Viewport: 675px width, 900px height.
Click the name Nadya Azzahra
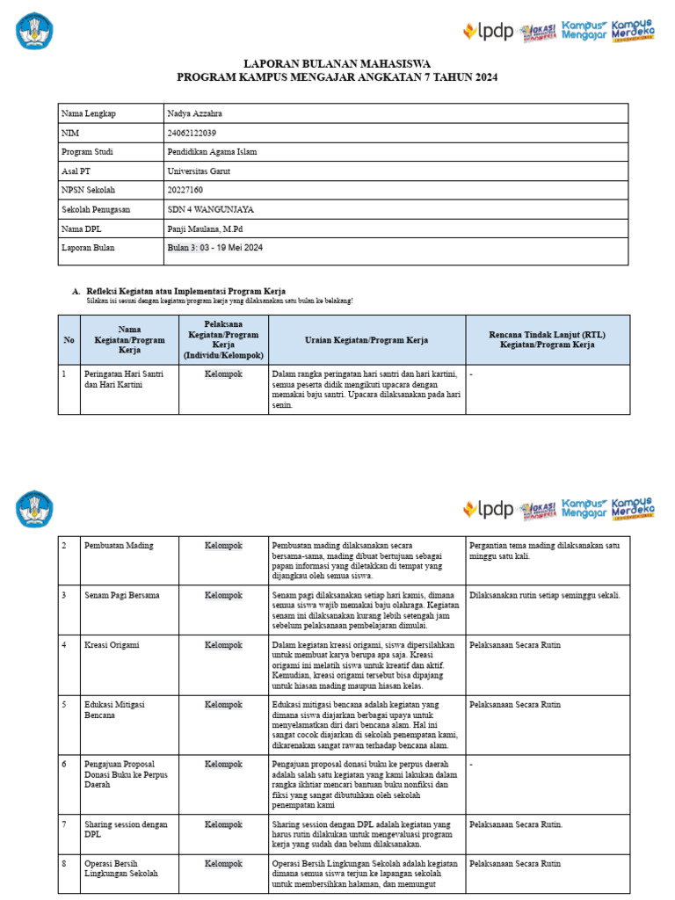coord(194,114)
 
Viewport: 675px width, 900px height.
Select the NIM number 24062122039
coord(192,133)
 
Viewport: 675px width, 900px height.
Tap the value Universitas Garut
coord(198,171)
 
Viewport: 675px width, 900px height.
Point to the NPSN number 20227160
coord(185,190)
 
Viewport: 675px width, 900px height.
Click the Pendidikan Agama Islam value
coord(212,152)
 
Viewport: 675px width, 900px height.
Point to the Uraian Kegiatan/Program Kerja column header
coord(367,340)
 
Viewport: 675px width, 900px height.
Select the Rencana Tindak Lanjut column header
coord(547,340)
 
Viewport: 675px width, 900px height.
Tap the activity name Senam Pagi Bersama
coord(122,595)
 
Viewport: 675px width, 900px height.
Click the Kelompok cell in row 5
coord(223,705)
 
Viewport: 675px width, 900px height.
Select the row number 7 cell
coord(65,824)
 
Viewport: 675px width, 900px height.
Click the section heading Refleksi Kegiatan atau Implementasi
coord(185,291)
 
